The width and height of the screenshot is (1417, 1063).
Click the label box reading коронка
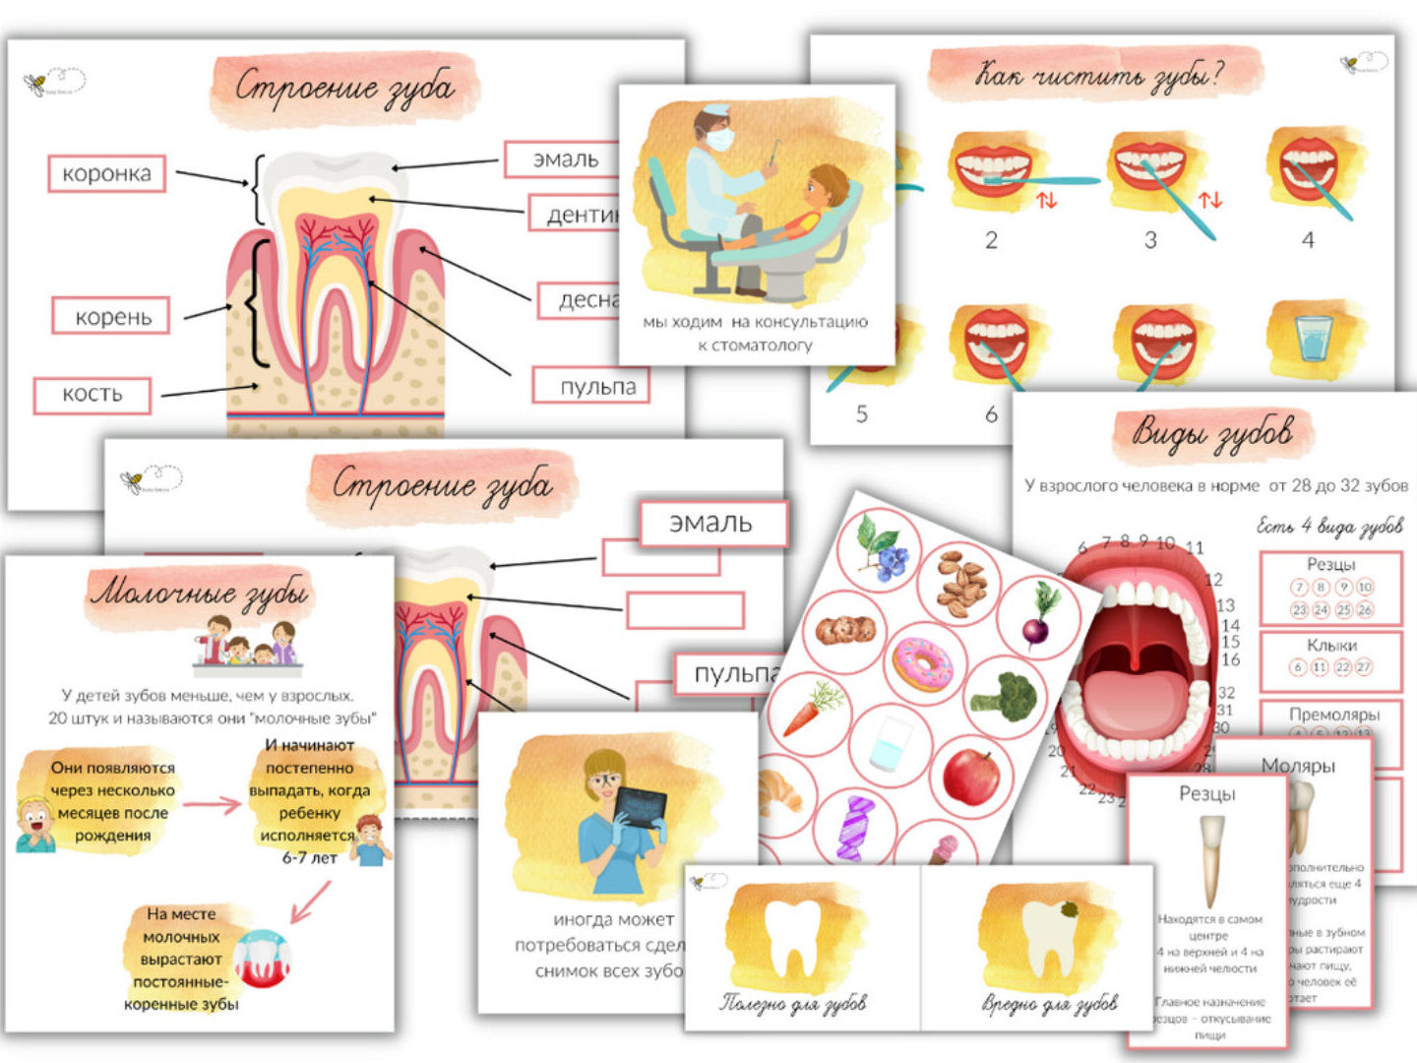click(106, 174)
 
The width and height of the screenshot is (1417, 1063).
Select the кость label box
click(92, 395)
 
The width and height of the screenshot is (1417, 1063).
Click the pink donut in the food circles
click(922, 662)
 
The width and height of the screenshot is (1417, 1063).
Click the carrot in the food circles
click(813, 707)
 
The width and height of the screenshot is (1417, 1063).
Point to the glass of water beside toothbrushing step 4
click(1314, 338)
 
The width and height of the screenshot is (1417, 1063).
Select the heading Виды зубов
click(1212, 433)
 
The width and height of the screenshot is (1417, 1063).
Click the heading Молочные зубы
click(200, 593)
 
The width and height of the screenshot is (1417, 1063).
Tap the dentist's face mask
click(719, 139)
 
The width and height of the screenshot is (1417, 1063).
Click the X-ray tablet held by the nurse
click(639, 815)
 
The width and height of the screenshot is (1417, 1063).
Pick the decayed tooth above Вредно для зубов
click(1049, 939)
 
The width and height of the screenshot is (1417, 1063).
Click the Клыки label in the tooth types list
click(1331, 646)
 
